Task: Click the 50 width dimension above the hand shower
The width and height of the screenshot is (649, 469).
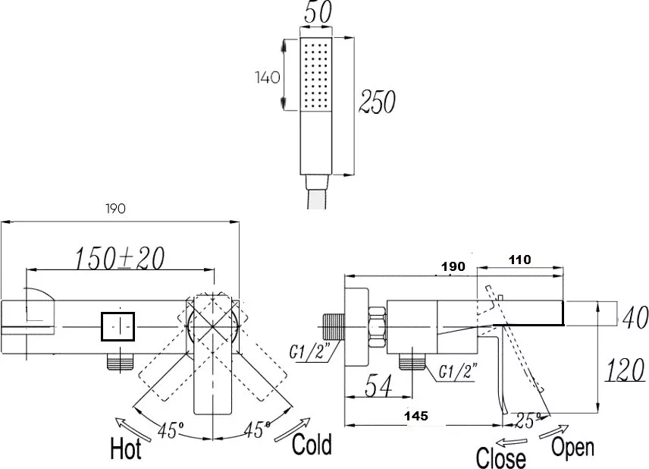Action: (x=318, y=12)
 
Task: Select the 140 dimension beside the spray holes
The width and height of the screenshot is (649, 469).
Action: (x=268, y=77)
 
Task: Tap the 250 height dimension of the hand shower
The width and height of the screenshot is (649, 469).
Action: (x=377, y=102)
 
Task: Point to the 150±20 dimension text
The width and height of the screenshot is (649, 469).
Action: (x=120, y=258)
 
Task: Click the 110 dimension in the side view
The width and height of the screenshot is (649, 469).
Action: (x=519, y=260)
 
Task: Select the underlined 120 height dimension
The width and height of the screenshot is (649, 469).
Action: (x=625, y=370)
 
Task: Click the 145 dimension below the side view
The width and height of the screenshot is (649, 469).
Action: (x=416, y=416)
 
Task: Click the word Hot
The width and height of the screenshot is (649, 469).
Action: (x=126, y=449)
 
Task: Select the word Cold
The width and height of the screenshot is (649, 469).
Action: (x=312, y=444)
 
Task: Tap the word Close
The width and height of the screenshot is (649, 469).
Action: (x=501, y=458)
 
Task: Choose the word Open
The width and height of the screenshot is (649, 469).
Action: (x=573, y=447)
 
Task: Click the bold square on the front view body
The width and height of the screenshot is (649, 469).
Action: (x=118, y=326)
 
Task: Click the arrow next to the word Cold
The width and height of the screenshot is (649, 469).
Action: (x=292, y=430)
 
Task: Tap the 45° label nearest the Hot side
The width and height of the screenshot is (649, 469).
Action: (x=170, y=430)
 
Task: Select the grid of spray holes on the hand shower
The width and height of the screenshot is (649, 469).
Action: (x=315, y=74)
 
